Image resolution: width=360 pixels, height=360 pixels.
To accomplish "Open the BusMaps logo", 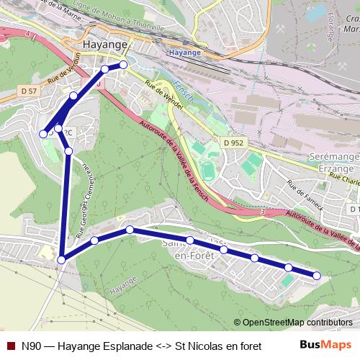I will tap(325, 345).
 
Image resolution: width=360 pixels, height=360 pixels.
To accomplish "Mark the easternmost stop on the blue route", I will tap(317, 275).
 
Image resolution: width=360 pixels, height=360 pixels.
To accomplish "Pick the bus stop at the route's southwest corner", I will tap(63, 260).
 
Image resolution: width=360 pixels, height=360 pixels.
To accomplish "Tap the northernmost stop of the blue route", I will tap(123, 65).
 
